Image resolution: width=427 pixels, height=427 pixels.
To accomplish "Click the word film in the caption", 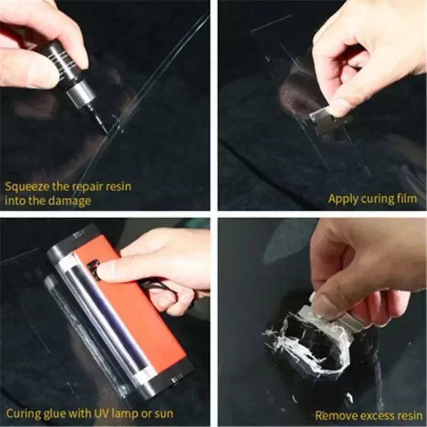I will coord(407,199).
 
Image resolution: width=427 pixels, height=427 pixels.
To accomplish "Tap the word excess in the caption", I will coord(371,415).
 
